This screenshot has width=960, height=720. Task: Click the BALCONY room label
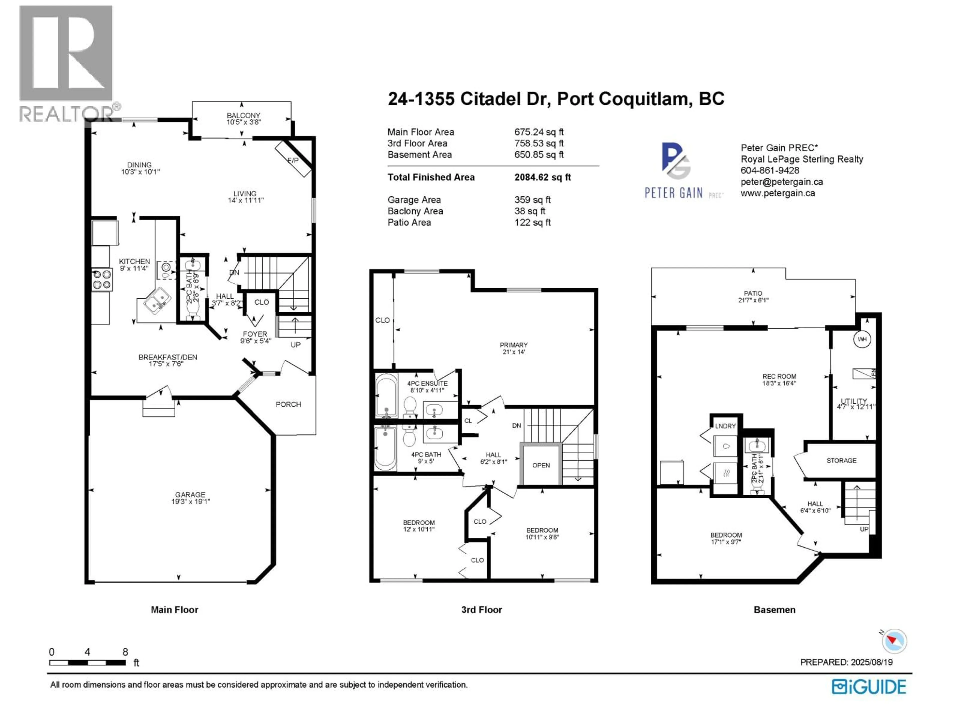tap(243, 115)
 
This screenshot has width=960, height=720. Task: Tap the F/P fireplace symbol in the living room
tap(293, 160)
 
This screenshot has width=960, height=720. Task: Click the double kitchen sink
tap(154, 299)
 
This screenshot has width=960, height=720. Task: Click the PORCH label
tap(288, 404)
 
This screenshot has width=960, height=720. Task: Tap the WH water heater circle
tap(862, 339)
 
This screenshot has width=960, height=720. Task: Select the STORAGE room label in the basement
tap(841, 460)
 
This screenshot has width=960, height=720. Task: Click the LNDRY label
tap(725, 426)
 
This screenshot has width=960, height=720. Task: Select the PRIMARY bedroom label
tap(513, 345)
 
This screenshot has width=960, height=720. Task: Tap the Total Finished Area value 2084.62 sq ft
tap(542, 177)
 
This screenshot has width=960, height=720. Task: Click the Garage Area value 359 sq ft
tap(532, 200)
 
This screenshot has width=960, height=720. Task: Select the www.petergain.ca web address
tap(778, 193)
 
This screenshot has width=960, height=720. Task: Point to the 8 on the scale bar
tap(125, 652)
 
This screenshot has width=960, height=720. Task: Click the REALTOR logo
tap(66, 63)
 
